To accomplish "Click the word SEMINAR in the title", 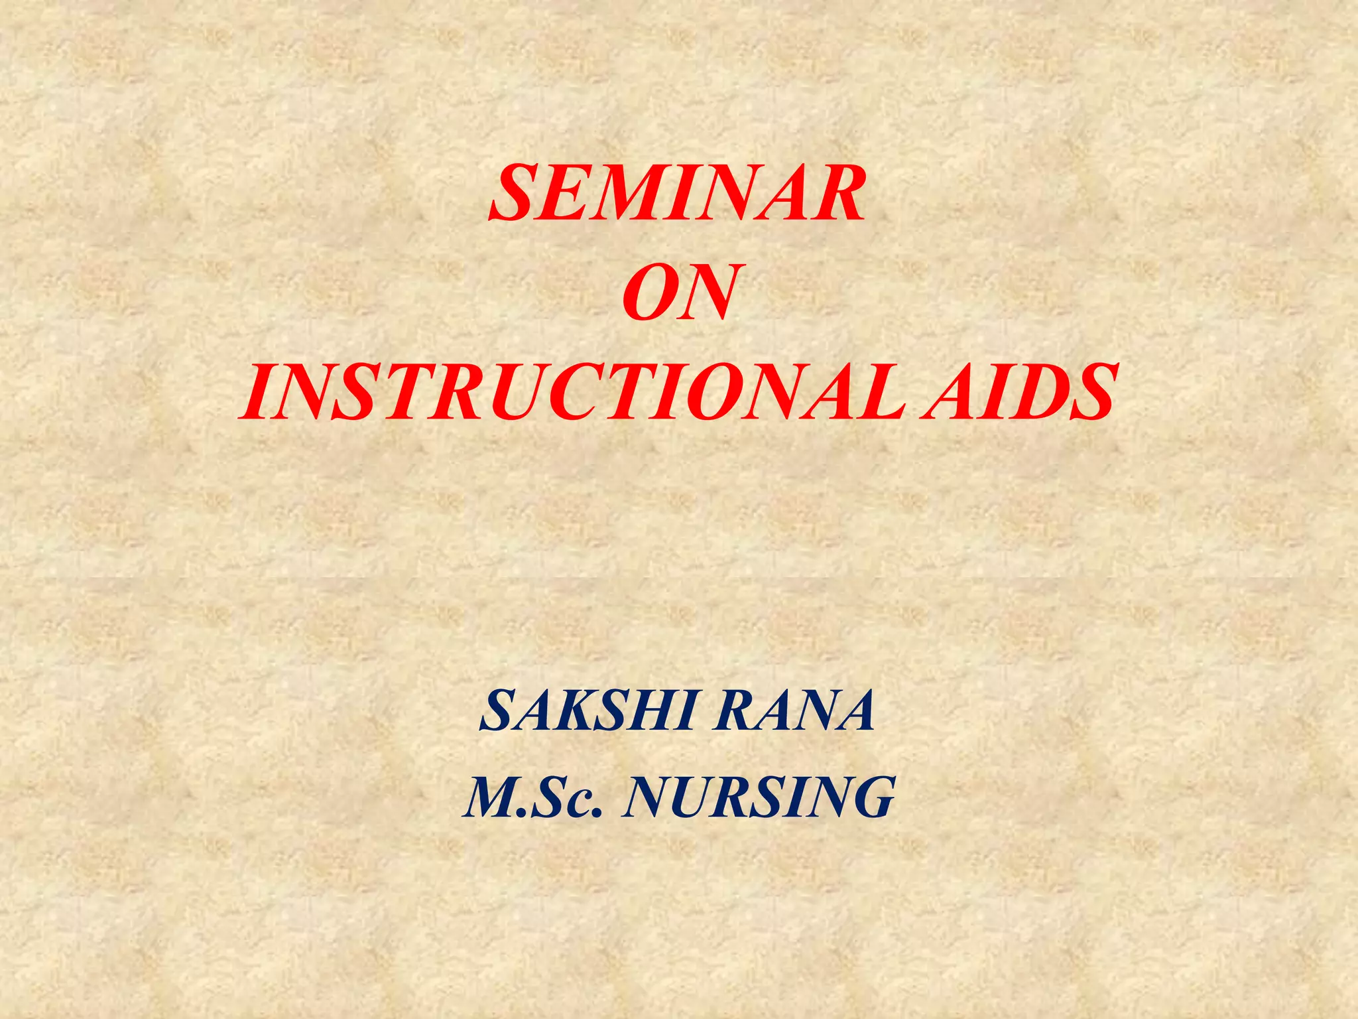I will click(678, 194).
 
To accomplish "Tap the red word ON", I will click(679, 294).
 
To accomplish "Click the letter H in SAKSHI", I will click(653, 711).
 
